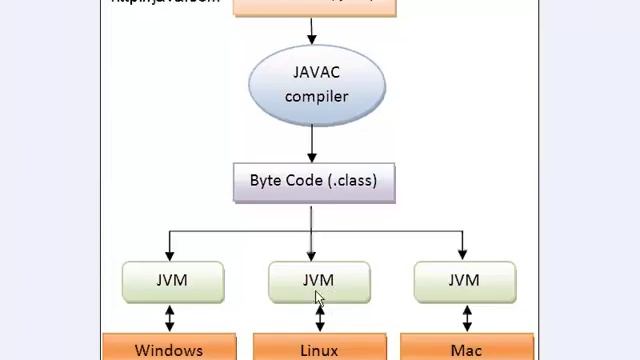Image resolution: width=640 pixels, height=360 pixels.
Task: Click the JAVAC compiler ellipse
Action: (x=316, y=85)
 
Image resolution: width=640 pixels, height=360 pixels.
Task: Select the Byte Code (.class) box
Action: (x=314, y=182)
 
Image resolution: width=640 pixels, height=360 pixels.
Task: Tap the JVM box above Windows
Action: (x=173, y=281)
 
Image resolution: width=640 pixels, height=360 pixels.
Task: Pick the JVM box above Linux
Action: (x=319, y=281)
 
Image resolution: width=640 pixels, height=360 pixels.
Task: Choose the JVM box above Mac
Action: (x=464, y=281)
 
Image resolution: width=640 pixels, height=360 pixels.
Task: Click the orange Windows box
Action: (x=169, y=349)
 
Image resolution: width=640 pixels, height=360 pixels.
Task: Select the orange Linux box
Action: (x=319, y=349)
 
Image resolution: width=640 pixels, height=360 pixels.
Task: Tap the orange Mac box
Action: (x=467, y=349)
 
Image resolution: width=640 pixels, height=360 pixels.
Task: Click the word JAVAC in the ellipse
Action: (x=316, y=73)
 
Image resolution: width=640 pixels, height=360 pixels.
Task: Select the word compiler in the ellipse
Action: (x=316, y=96)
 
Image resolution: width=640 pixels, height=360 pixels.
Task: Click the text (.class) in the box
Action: (x=353, y=181)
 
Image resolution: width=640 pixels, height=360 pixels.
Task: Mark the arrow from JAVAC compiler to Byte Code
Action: (x=312, y=145)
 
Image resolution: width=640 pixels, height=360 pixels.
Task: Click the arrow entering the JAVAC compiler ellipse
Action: (x=312, y=32)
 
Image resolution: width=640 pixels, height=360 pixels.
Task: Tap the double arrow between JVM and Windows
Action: (x=170, y=318)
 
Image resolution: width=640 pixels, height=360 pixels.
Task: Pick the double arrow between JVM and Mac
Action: (x=466, y=318)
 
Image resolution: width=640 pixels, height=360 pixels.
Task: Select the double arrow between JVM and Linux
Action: (x=320, y=318)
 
